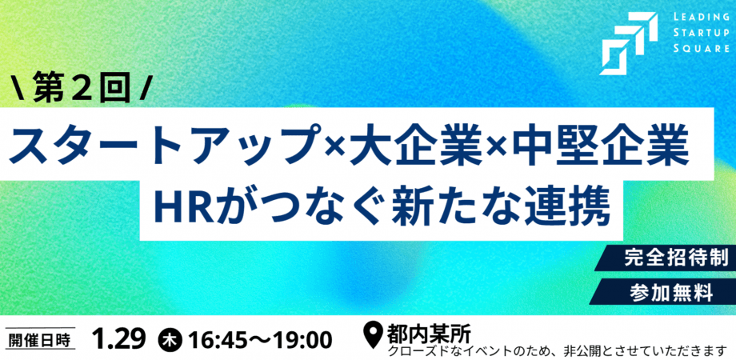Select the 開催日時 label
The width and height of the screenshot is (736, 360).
39,339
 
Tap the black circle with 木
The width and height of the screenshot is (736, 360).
170,339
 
